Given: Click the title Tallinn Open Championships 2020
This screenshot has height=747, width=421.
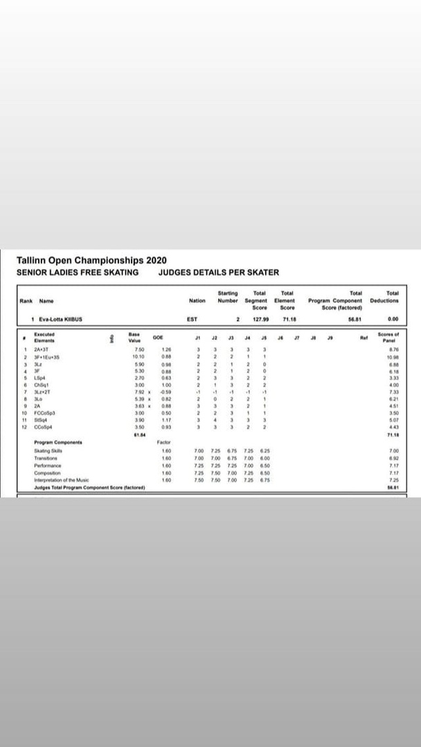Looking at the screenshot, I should [x=91, y=261].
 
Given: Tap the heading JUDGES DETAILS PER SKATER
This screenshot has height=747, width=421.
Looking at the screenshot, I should [x=219, y=273].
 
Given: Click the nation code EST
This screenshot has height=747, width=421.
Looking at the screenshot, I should [x=192, y=319].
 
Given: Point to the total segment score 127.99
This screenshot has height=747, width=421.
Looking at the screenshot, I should [x=260, y=319].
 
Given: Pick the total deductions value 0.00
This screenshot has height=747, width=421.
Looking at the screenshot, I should [x=393, y=319].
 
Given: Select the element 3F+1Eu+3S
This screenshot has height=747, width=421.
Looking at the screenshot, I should [x=46, y=357].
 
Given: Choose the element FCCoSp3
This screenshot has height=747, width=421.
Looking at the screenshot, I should [x=44, y=413].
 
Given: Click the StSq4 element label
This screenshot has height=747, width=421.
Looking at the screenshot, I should [x=40, y=420].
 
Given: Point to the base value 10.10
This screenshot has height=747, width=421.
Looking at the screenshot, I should [x=138, y=357].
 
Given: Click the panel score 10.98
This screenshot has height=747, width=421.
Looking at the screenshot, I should [x=393, y=357].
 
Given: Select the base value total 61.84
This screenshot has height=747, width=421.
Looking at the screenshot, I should [x=138, y=434].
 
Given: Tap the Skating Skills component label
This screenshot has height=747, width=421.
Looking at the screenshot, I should [x=47, y=450].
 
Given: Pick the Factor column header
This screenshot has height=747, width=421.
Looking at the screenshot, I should [x=164, y=441].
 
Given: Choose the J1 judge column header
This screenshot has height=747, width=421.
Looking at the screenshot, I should [x=198, y=338].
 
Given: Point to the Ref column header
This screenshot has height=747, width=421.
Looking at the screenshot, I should [x=363, y=338].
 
